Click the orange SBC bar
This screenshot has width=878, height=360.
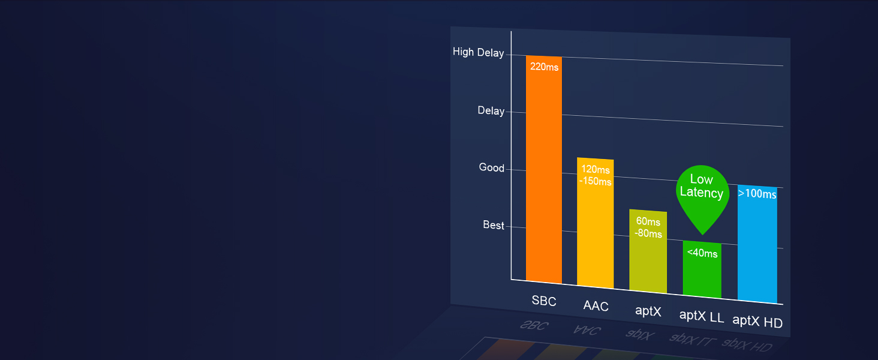544,169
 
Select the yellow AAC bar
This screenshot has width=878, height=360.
595,223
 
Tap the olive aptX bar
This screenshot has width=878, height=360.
648,251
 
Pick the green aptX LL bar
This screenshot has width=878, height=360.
702,269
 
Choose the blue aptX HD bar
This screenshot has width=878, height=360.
757,244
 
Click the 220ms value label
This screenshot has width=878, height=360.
544,67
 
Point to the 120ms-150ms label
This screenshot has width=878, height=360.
596,175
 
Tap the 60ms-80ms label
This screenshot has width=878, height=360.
648,227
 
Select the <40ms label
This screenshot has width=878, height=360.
702,253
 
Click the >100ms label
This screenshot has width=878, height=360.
757,194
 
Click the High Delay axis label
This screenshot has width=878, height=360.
478,52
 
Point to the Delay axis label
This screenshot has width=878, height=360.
491,110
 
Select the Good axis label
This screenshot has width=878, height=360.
492,167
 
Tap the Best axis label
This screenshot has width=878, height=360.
494,225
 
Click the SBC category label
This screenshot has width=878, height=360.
544,301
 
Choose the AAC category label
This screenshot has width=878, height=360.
596,306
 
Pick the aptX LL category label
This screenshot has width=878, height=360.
702,316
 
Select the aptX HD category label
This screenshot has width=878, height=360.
757,321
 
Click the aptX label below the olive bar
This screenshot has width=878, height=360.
648,311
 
